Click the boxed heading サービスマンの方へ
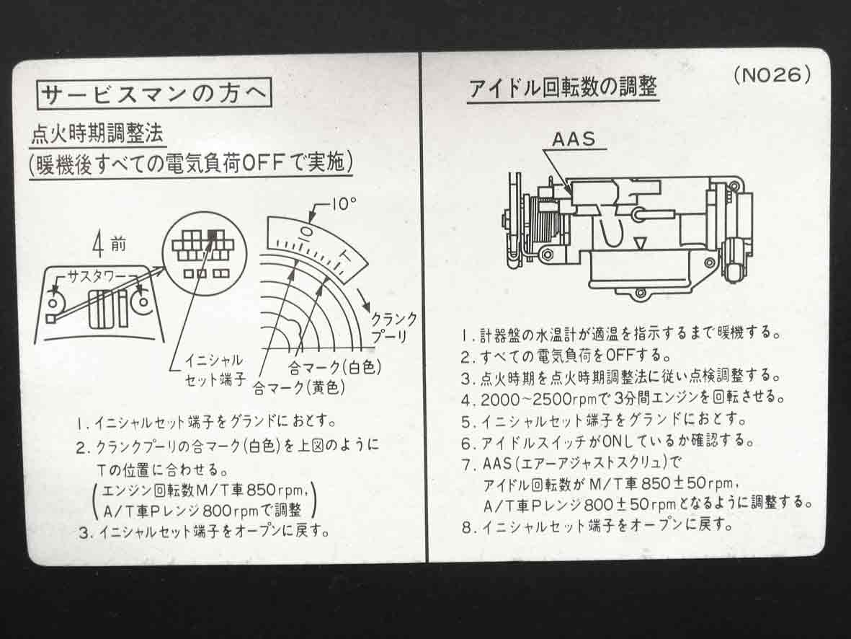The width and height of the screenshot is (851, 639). (x=155, y=94)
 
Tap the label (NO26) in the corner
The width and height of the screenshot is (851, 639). (x=772, y=75)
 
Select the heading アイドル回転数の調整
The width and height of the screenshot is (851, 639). (x=563, y=87)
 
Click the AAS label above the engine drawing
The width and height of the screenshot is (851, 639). (x=574, y=139)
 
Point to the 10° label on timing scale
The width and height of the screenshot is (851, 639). (x=344, y=204)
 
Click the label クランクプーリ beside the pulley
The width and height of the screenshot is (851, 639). (x=393, y=327)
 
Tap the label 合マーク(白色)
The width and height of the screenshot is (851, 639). (x=335, y=368)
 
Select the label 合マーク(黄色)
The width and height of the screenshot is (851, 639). (x=299, y=388)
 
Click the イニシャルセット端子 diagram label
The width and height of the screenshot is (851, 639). (x=215, y=369)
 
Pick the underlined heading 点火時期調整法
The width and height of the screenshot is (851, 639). (x=97, y=133)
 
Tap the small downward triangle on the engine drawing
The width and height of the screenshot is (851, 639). (x=639, y=243)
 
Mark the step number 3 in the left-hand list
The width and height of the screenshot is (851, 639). (x=84, y=532)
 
